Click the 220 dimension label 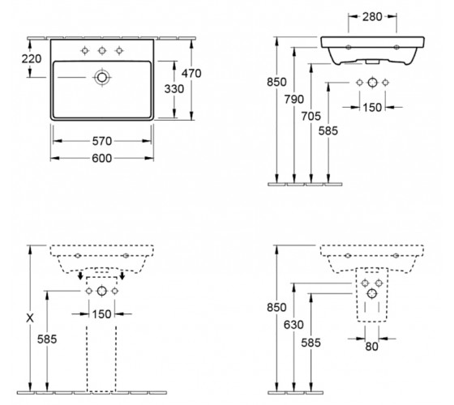[32, 59]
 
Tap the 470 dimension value [191, 74]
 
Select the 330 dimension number [174, 89]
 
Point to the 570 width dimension [102, 141]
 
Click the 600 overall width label [102, 158]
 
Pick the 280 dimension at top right [372, 17]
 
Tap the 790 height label [293, 100]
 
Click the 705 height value [311, 117]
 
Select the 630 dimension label [293, 325]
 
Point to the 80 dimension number [372, 347]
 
